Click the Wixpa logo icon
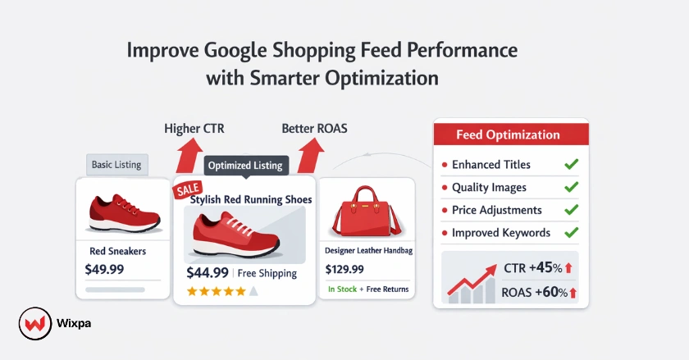pyautogui.click(x=31, y=323)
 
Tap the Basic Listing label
pyautogui.click(x=116, y=165)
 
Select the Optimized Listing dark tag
pyautogui.click(x=245, y=166)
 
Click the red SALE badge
pyautogui.click(x=187, y=190)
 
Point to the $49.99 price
pyautogui.click(x=105, y=269)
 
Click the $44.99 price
pyautogui.click(x=208, y=273)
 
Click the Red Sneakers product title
pyautogui.click(x=117, y=251)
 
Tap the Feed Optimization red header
pyautogui.click(x=509, y=134)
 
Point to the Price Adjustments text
pyautogui.click(x=497, y=211)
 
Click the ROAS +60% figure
pyautogui.click(x=541, y=292)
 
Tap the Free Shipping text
pyautogui.click(x=269, y=274)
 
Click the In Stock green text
pyautogui.click(x=341, y=289)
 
